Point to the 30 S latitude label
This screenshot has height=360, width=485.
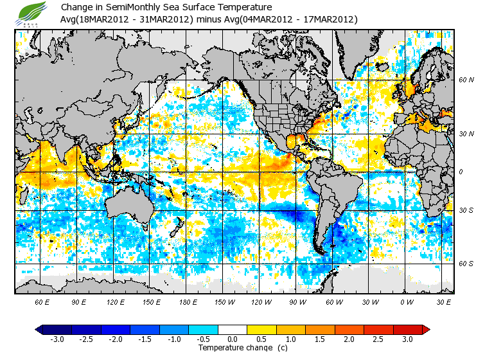[466, 210]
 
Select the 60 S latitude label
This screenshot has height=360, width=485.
[466, 264]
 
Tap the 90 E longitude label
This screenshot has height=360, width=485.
[79, 301]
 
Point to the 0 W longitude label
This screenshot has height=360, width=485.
[406, 301]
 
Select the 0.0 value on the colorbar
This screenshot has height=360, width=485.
[233, 339]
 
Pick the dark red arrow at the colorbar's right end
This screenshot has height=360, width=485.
[425, 329]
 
